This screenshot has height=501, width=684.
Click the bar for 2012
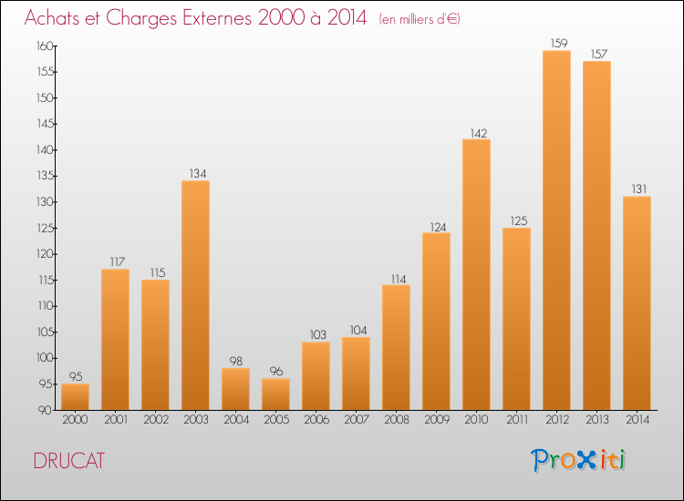click(x=556, y=230)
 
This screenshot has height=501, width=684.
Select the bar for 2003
click(x=195, y=295)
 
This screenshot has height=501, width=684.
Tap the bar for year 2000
click(x=75, y=396)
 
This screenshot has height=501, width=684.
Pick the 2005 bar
click(x=275, y=394)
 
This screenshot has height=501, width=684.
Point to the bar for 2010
click(x=476, y=274)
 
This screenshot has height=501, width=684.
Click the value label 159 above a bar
click(x=559, y=43)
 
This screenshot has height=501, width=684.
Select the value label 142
click(x=479, y=133)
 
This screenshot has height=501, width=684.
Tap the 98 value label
click(x=236, y=361)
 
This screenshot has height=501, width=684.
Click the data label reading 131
click(x=639, y=189)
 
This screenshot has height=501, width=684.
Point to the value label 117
click(x=118, y=261)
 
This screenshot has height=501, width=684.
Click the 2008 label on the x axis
click(x=397, y=420)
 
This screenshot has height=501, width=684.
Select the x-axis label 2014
click(x=637, y=420)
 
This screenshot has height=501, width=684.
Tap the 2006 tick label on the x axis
click(x=316, y=420)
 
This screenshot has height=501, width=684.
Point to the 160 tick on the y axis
click(x=45, y=46)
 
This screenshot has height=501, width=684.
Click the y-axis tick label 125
click(x=45, y=228)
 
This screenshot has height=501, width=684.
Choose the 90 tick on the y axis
click(x=45, y=410)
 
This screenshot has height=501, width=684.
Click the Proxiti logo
click(x=578, y=460)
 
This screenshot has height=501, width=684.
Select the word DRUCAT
click(x=69, y=461)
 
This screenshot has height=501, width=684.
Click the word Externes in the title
click(x=217, y=17)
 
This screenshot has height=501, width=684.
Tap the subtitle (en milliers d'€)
click(x=420, y=19)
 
